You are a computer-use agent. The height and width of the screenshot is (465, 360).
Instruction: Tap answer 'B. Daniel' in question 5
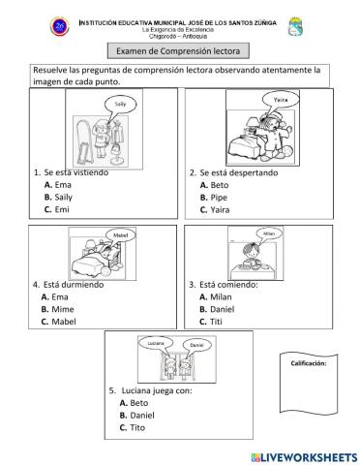click(x=141, y=414)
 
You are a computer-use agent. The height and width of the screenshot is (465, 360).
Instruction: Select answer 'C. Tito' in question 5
click(x=136, y=426)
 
